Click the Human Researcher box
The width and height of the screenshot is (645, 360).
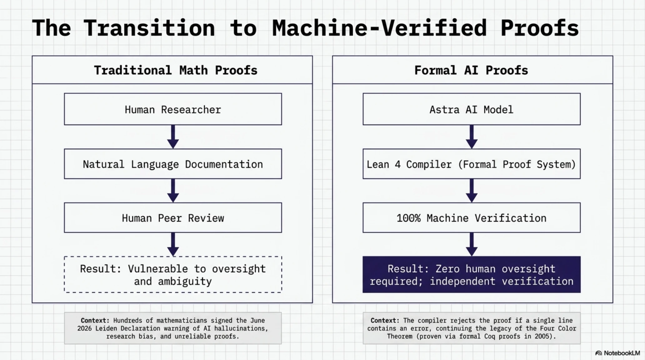pyautogui.click(x=173, y=109)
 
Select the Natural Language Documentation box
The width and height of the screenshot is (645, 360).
pyautogui.click(x=173, y=164)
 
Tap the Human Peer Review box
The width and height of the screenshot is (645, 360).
pyautogui.click(x=173, y=217)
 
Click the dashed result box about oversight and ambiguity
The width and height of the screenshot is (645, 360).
pyautogui.click(x=173, y=274)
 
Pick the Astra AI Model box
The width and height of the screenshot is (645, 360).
pyautogui.click(x=472, y=109)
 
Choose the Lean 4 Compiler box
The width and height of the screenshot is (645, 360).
pyautogui.click(x=472, y=164)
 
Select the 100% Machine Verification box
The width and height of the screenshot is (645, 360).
pyautogui.click(x=472, y=217)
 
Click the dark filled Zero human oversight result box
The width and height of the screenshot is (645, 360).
pyautogui.click(x=472, y=274)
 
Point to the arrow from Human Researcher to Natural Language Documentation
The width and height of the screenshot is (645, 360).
pyautogui.click(x=173, y=137)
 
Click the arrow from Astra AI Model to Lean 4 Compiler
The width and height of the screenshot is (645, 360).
pyautogui.click(x=472, y=137)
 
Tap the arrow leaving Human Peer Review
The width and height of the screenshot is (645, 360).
pyautogui.click(x=173, y=244)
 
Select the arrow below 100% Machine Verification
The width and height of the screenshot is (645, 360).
pyautogui.click(x=472, y=244)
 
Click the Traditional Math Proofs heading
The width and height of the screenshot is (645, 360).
pyautogui.click(x=176, y=70)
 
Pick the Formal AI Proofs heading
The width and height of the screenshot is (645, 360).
pyautogui.click(x=471, y=70)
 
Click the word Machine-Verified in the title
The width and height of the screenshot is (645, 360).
pyautogui.click(x=379, y=28)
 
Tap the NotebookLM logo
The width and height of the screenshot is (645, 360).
pyautogui.click(x=617, y=353)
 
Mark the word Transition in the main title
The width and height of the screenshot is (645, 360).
pyautogui.click(x=149, y=28)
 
